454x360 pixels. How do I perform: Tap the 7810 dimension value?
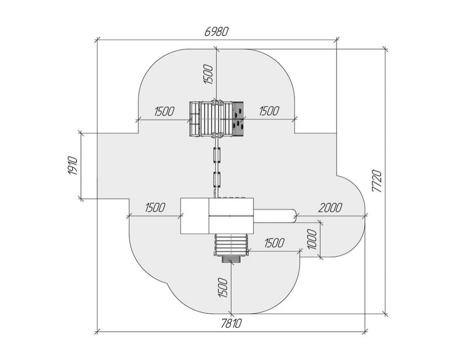coord(231,323)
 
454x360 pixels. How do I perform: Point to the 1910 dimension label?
coord(73,166)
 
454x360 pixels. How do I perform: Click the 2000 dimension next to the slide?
coord(330,207)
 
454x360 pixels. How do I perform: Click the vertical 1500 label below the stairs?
coord(223,288)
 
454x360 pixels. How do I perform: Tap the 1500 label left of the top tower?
coord(164,111)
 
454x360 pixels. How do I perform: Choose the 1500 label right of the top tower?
coord(269,111)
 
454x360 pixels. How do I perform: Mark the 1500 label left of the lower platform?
coord(155,207)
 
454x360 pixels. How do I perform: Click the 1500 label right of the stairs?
coord(274,243)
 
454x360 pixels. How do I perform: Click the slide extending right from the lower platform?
coord(275,216)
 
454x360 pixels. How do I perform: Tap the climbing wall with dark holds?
coord(238,119)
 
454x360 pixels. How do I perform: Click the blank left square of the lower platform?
coord(195,216)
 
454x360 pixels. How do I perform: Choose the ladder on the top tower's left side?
coord(195,119)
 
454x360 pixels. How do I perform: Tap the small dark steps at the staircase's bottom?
coord(231,259)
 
